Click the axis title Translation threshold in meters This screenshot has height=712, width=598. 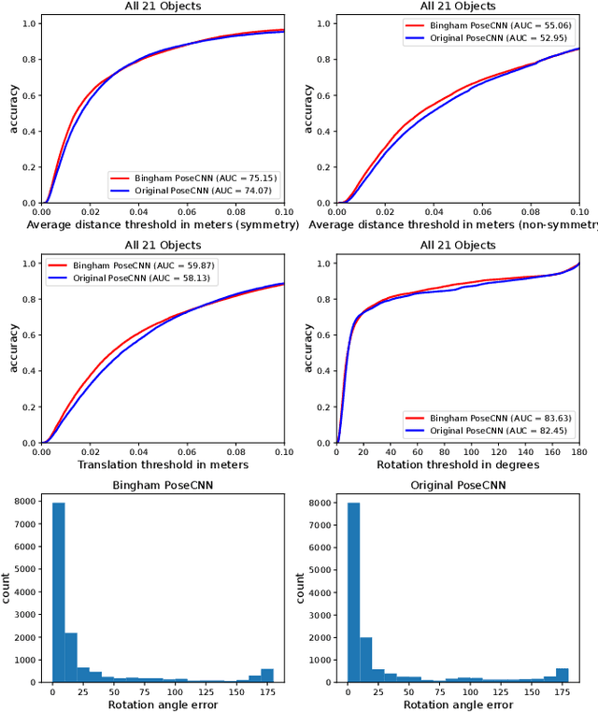pyautogui.click(x=163, y=464)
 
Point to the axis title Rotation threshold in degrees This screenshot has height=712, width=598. pyautogui.click(x=458, y=464)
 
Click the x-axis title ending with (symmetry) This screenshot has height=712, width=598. pyautogui.click(x=163, y=224)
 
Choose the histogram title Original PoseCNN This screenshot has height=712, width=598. pyautogui.click(x=458, y=486)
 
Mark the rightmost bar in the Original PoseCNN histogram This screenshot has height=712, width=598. pyautogui.click(x=562, y=675)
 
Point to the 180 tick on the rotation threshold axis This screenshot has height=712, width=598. pyautogui.click(x=579, y=452)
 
